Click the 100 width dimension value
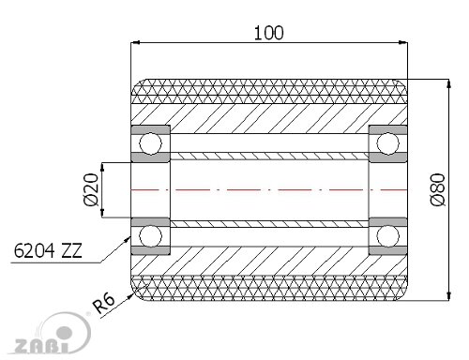268,33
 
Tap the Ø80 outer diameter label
438,189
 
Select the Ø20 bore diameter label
91,189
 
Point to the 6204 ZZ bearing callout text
48,250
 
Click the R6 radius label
104,304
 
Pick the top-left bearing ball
150,143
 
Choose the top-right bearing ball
388,143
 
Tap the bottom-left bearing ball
150,236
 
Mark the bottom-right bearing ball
388,236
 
